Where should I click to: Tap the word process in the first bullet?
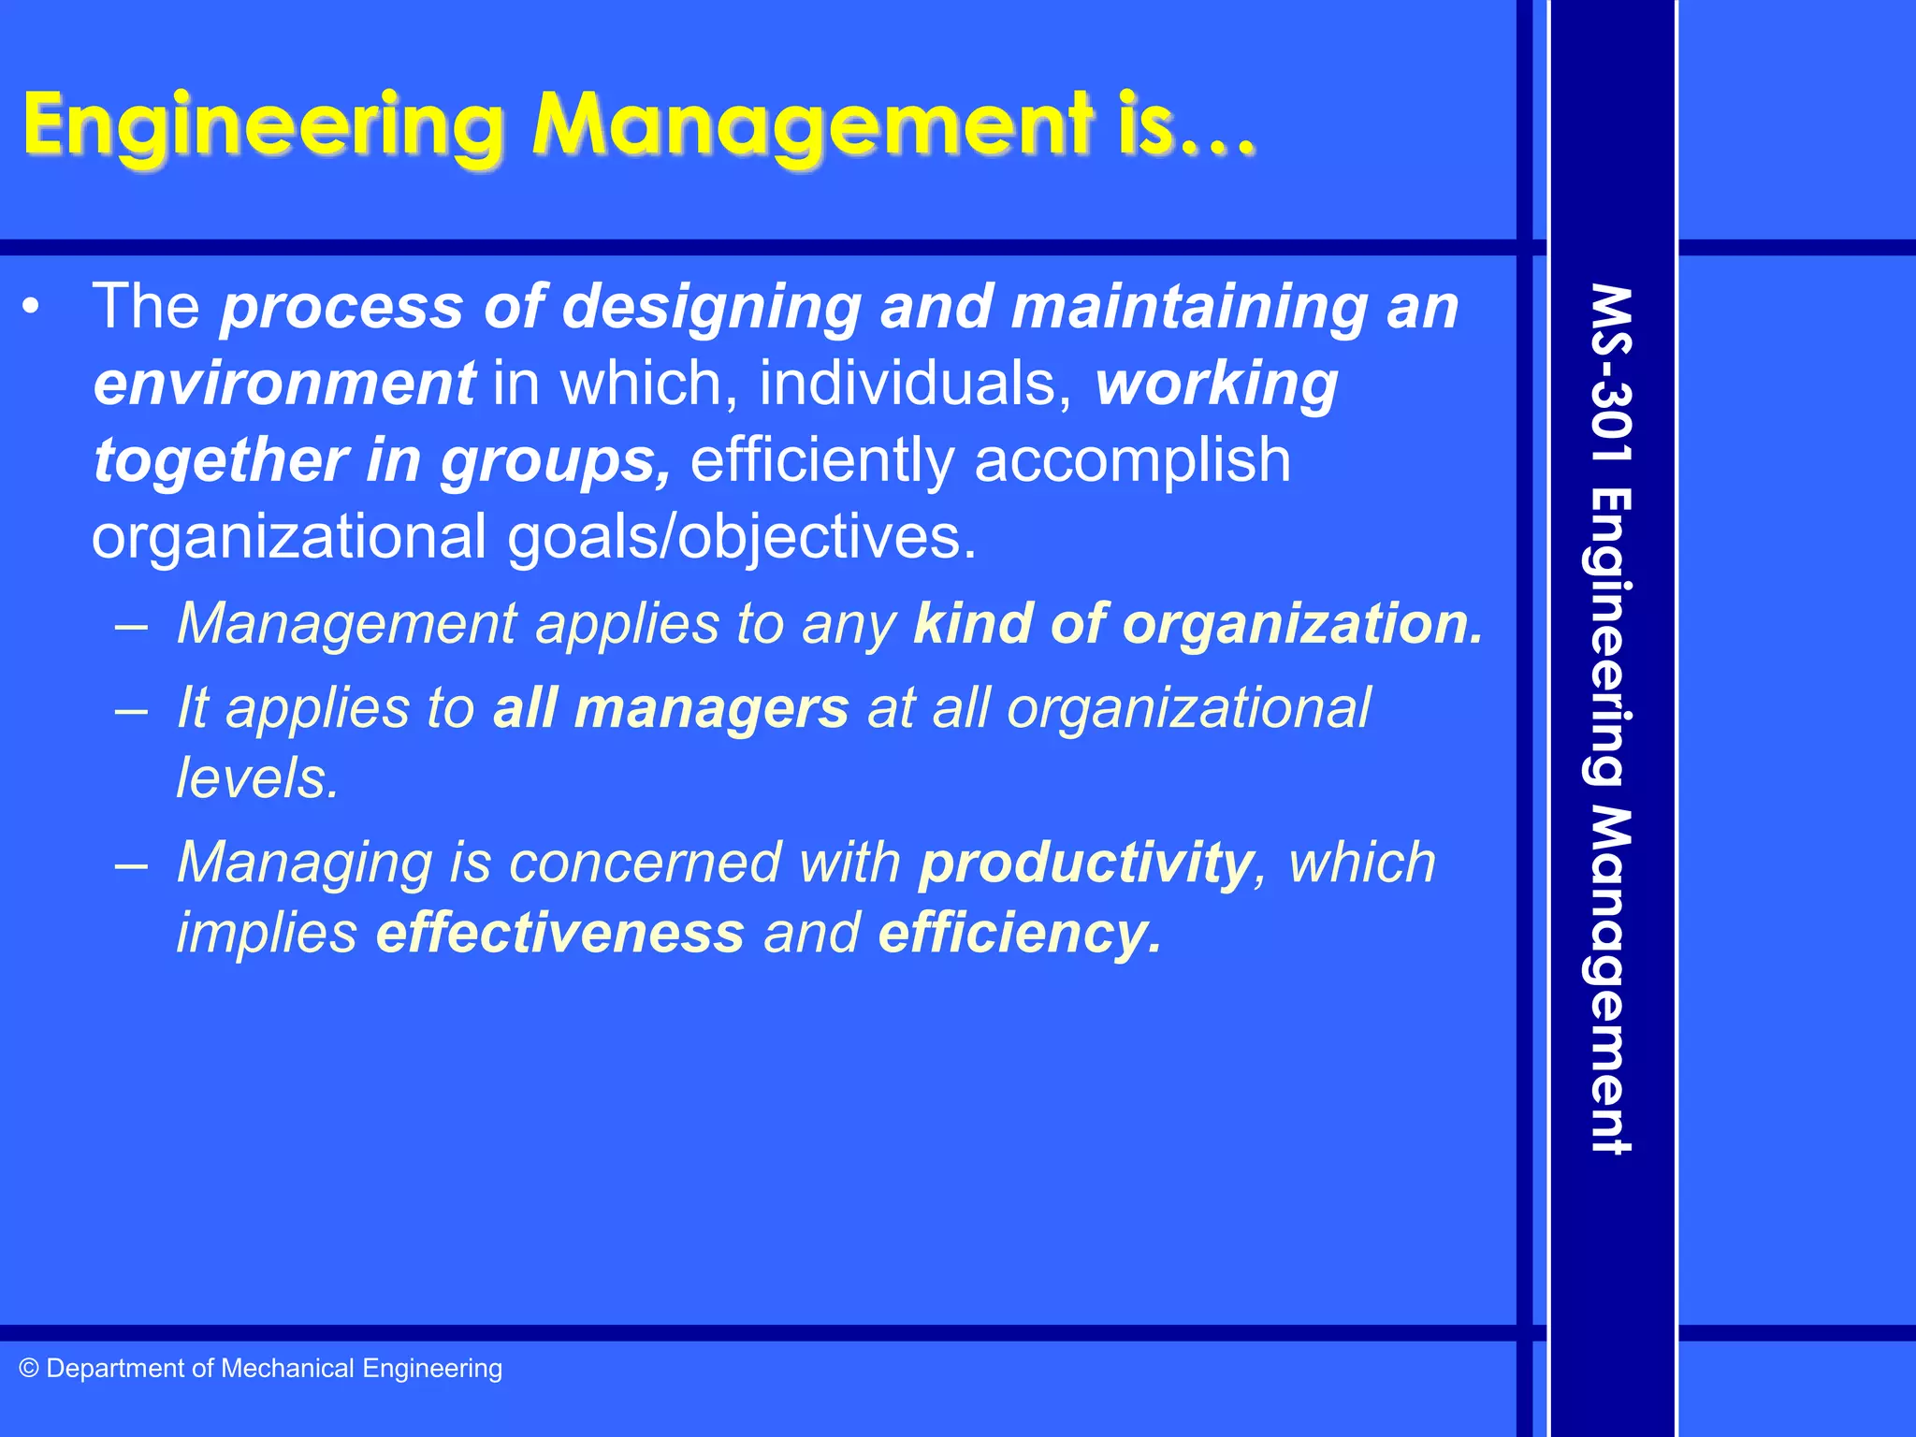pyautogui.click(x=341, y=307)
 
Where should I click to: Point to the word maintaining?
pyautogui.click(x=1190, y=307)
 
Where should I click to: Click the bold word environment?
pyautogui.click(x=284, y=384)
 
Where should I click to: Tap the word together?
pyautogui.click(x=220, y=460)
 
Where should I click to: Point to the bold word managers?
pyautogui.click(x=712, y=708)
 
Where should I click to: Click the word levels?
pyautogui.click(x=257, y=777)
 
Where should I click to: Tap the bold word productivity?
pyautogui.click(x=1086, y=862)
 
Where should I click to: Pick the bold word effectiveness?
pyautogui.click(x=560, y=933)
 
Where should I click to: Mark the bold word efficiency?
pyautogui.click(x=1019, y=933)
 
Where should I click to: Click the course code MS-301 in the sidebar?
pyautogui.click(x=1611, y=374)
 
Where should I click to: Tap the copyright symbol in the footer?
pyautogui.click(x=29, y=1369)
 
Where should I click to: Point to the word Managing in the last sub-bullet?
pyautogui.click(x=304, y=862)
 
